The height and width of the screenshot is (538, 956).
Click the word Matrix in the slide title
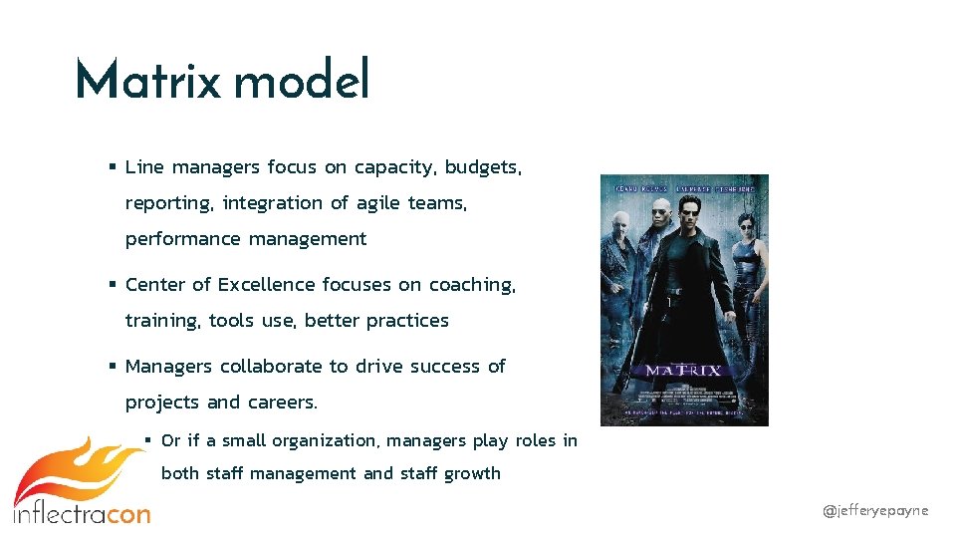coord(147,80)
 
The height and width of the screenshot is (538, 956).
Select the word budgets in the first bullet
coord(482,167)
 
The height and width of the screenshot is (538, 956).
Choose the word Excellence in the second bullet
coord(266,285)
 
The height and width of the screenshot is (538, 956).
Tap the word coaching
coord(472,285)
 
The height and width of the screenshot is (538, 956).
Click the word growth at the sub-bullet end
coord(472,473)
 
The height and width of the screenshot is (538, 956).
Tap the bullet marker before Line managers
coord(113,167)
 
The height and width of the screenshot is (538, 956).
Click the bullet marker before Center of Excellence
coord(113,285)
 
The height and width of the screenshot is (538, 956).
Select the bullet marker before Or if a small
coord(148,440)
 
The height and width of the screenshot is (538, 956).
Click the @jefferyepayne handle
coord(875,510)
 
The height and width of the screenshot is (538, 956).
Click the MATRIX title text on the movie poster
coord(683,371)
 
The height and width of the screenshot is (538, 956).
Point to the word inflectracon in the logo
coord(82,514)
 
